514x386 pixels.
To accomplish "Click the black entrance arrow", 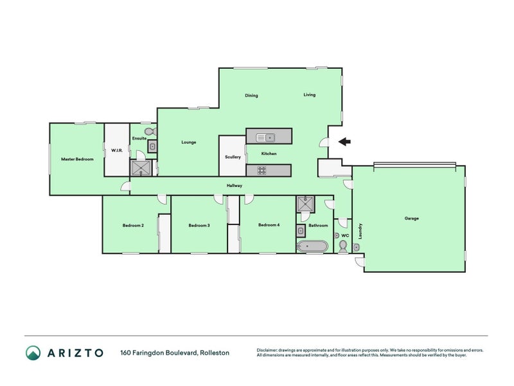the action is (x=344, y=142).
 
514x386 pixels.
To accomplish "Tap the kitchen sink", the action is (x=265, y=138).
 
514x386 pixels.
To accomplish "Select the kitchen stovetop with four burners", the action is (x=261, y=170).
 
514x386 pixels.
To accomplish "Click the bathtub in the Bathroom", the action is (x=312, y=246).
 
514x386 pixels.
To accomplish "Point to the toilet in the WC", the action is (x=343, y=246).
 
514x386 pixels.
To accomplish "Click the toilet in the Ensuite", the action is (x=150, y=132).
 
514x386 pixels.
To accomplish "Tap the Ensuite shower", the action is (x=141, y=168).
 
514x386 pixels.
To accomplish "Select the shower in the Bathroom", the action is (x=305, y=204).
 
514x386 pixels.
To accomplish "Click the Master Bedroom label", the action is (x=77, y=159).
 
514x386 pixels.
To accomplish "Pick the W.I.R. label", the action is (x=117, y=151).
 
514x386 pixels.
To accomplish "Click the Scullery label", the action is (x=233, y=157).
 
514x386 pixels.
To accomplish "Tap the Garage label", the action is (x=411, y=218).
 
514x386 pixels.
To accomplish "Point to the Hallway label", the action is (x=235, y=185).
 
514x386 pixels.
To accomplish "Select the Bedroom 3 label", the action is (x=199, y=226).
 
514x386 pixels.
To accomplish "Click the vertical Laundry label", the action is (x=360, y=231).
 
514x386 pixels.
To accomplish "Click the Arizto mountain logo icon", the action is (x=33, y=353).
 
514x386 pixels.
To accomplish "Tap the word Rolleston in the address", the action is (x=215, y=353).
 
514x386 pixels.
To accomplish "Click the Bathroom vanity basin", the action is (x=301, y=231).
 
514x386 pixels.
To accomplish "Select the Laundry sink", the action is (x=357, y=247).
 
